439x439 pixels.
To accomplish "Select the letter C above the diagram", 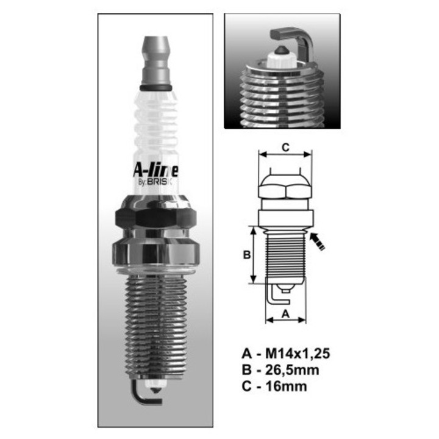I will (x=285, y=146).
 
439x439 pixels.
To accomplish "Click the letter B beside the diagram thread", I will (x=247, y=255).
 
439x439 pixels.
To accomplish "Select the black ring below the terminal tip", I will (x=155, y=88).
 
